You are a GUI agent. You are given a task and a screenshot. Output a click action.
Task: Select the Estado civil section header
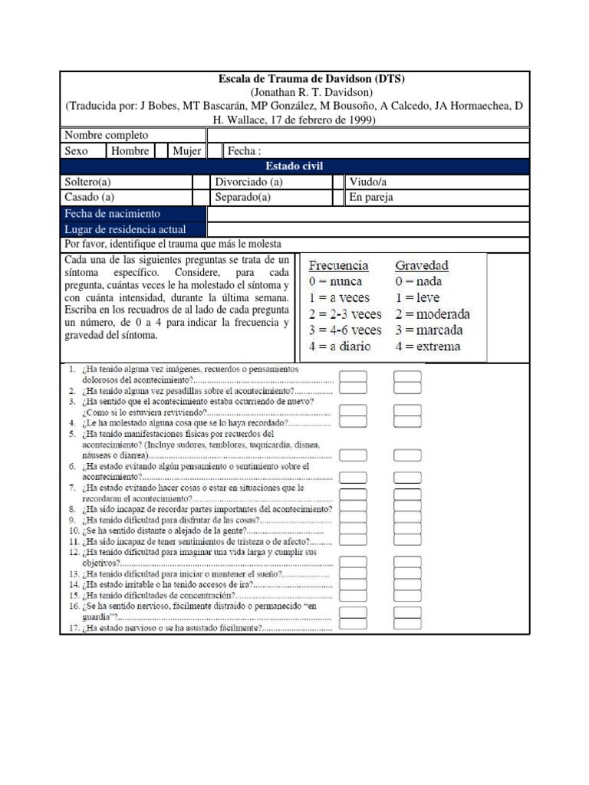pos(294,166)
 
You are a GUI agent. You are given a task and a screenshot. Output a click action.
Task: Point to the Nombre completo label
pos(107,136)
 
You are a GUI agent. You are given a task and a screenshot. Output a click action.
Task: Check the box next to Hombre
pos(161,151)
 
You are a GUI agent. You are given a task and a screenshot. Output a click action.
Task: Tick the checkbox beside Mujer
pos(216,151)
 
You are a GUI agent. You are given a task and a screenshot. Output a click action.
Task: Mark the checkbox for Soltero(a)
pos(200,182)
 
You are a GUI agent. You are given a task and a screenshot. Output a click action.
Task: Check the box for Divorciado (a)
pos(338,182)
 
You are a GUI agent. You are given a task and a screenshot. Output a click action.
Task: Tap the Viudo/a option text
pos(367,182)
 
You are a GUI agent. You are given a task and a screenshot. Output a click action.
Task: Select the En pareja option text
pos(371,197)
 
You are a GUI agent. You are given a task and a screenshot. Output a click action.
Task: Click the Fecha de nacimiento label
pos(112,214)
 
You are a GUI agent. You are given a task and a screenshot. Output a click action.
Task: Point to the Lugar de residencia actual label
pos(124,229)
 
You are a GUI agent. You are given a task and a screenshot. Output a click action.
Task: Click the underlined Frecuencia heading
pos(338,265)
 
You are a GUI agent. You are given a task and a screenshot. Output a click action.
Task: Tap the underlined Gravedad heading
pos(422,265)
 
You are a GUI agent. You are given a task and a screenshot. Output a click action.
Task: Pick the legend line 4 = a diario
pos(339,347)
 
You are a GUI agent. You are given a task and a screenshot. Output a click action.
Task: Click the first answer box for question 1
pos(353,376)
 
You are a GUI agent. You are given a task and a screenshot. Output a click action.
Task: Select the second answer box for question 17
pos(407,627)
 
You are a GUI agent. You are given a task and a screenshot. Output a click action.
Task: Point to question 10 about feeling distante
pos(199,530)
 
